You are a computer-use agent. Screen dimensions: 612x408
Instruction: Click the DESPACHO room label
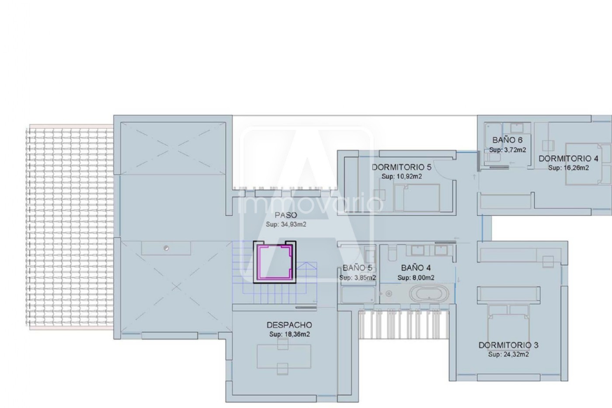[x=289, y=325]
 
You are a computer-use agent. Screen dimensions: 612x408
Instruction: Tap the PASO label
[x=286, y=215]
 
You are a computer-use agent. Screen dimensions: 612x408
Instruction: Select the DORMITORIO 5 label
[x=401, y=167]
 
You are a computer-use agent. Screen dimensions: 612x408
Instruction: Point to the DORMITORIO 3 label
[x=508, y=345]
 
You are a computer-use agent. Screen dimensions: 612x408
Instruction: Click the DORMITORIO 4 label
[x=568, y=158]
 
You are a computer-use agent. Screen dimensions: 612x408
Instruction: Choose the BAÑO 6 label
[x=508, y=140]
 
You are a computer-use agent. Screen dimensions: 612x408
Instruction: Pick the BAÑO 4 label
[x=416, y=268]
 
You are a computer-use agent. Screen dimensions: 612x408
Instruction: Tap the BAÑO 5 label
[x=358, y=268]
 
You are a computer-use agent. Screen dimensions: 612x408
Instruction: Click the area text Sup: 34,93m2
[x=286, y=224]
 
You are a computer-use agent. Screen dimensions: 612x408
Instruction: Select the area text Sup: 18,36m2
[x=289, y=334]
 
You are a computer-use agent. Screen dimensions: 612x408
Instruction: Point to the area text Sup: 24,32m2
[x=508, y=355]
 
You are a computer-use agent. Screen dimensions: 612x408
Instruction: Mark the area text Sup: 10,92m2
[x=402, y=176]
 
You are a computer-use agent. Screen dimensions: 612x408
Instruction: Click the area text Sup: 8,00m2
[x=416, y=278]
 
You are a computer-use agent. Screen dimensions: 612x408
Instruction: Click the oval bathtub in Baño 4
[x=429, y=294]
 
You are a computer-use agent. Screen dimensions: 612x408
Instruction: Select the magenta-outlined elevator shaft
[x=275, y=262]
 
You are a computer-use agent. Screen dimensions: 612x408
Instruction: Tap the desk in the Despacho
[x=284, y=356]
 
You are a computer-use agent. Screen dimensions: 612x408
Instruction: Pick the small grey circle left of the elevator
[x=166, y=248]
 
